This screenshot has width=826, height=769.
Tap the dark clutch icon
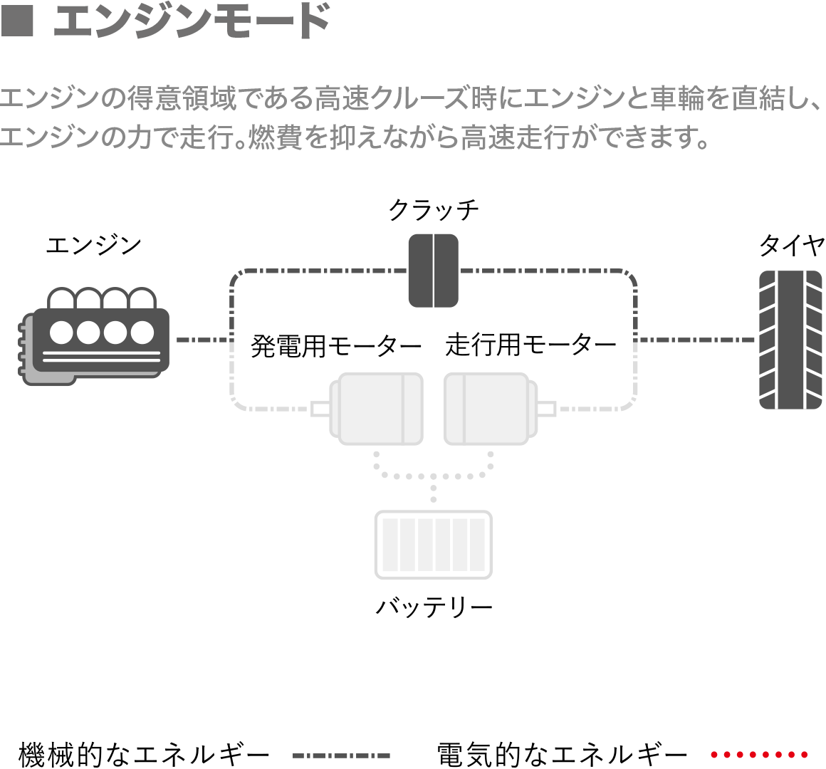(x=433, y=271)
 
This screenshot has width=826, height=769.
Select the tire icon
(x=790, y=340)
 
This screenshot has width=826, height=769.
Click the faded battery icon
(x=434, y=545)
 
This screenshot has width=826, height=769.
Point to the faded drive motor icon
(x=491, y=409)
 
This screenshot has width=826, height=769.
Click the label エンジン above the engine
(x=93, y=246)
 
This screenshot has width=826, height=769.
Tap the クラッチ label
(x=434, y=210)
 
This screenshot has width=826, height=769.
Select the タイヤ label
(x=791, y=246)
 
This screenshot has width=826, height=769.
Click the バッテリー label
(x=434, y=607)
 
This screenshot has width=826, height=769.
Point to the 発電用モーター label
(x=336, y=347)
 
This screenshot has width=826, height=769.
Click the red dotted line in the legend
(x=759, y=754)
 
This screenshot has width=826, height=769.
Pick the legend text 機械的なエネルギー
(x=144, y=754)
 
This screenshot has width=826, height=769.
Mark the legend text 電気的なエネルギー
(x=562, y=754)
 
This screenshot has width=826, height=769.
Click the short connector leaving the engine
(x=202, y=340)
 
